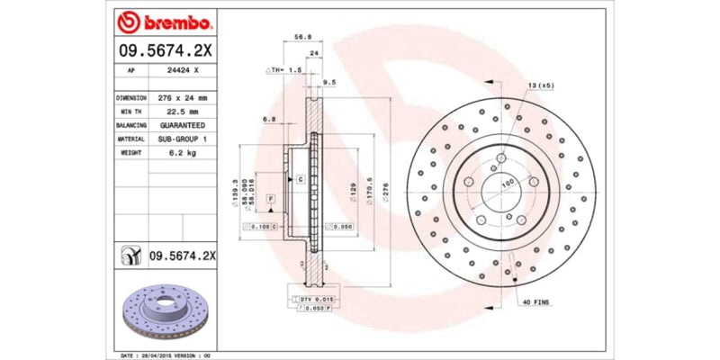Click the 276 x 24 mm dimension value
183,97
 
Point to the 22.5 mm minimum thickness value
183,111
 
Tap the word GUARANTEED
183,125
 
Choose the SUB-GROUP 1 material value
183,139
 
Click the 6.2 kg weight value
183,153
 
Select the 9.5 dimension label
329,81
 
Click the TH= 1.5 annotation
283,69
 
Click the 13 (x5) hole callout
540,84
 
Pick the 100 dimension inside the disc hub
506,183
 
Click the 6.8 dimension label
268,118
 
